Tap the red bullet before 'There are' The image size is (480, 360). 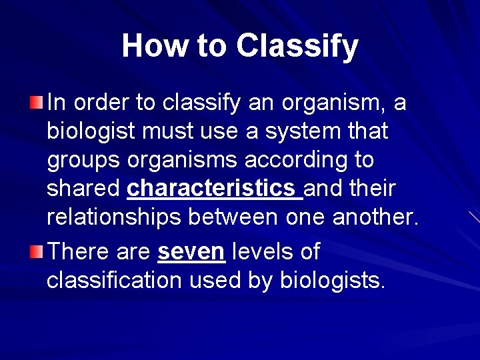[37, 252]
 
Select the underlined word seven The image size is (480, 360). [192, 252]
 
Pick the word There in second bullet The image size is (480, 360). [79, 252]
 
